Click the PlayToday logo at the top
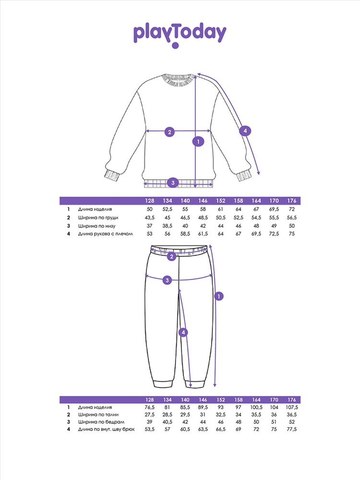[180, 34]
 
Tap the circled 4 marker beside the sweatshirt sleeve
[245, 131]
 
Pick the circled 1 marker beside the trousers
[218, 297]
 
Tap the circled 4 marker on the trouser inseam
[183, 332]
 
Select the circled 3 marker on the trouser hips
[167, 280]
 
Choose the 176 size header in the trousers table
[291, 399]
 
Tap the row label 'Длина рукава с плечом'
[105, 234]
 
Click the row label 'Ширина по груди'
[96, 217]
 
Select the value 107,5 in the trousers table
[291, 407]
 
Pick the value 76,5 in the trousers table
[150, 407]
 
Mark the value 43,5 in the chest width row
[150, 217]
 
